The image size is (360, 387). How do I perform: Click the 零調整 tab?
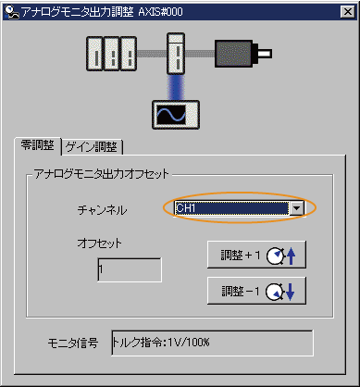[x=38, y=146]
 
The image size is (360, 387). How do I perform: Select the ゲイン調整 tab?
[x=93, y=146]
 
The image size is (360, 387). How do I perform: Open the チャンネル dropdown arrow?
[x=296, y=209]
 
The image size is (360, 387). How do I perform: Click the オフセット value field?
[x=129, y=269]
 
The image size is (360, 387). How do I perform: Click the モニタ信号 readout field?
[x=211, y=343]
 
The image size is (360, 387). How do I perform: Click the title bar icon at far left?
[x=11, y=10]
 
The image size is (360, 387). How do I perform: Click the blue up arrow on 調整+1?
[x=293, y=255]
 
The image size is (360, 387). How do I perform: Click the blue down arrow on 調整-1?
[x=293, y=293]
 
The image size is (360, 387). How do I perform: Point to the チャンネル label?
[x=103, y=210]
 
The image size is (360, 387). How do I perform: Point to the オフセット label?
[x=99, y=243]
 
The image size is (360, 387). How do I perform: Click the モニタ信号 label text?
[x=72, y=343]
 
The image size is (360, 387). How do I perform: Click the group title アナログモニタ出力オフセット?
[x=108, y=173]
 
